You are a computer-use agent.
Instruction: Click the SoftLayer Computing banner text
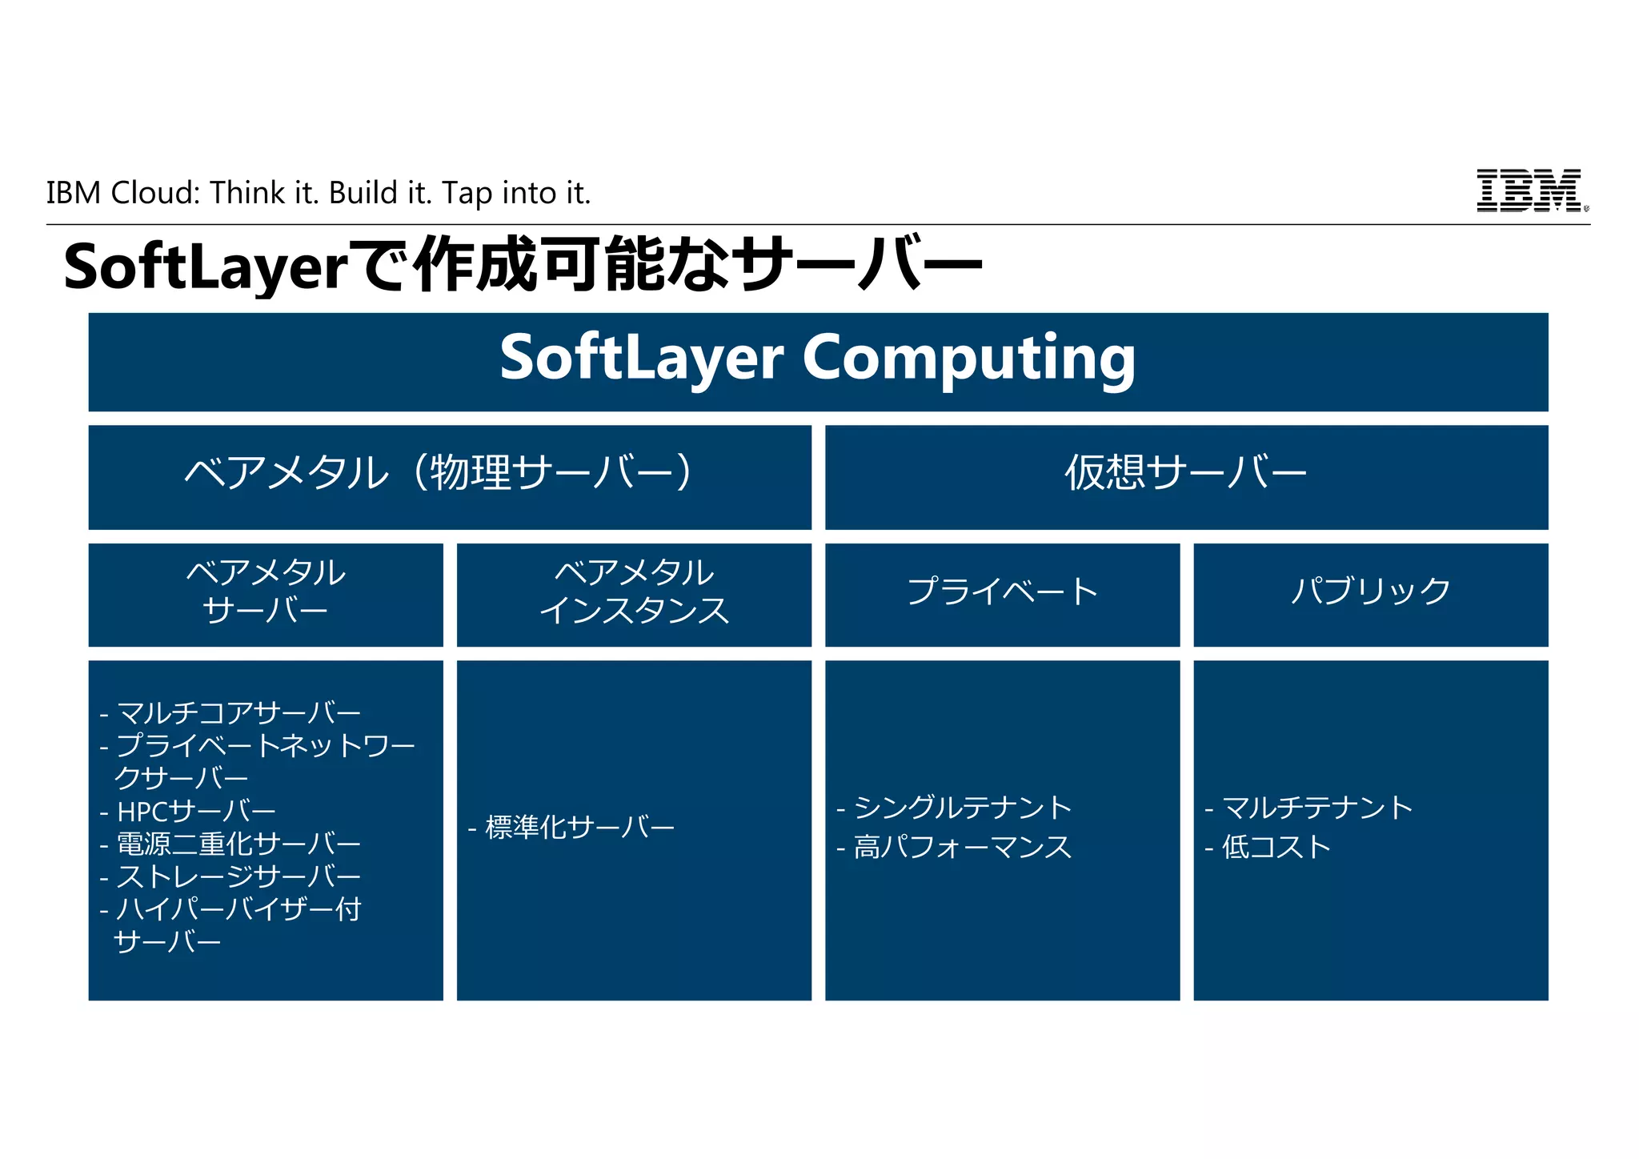(817, 358)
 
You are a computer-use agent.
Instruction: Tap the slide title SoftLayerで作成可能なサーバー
(522, 265)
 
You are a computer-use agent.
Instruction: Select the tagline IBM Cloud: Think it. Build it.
(318, 193)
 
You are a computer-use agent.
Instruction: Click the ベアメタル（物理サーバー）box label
(438, 472)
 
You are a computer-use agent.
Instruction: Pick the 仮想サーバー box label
(1185, 472)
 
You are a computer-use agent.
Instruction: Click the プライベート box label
(1002, 592)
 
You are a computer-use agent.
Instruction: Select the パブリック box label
(1370, 592)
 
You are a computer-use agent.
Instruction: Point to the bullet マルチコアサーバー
(238, 712)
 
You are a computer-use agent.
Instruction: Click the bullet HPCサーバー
(196, 812)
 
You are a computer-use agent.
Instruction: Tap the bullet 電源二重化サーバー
(238, 844)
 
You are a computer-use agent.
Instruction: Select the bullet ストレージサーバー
(238, 876)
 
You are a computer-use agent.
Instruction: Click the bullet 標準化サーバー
(579, 827)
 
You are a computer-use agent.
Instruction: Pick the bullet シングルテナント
(963, 808)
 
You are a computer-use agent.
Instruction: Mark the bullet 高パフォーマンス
(963, 847)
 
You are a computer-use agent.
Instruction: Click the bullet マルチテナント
(1317, 808)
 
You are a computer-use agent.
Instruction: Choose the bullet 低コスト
(1276, 847)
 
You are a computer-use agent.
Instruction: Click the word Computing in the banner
(968, 358)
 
